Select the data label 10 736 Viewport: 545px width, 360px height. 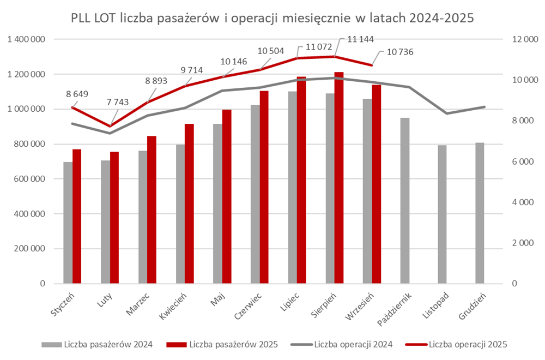coord(399,52)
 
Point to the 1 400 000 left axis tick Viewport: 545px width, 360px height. coord(26,39)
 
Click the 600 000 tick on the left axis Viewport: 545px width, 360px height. coord(30,179)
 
